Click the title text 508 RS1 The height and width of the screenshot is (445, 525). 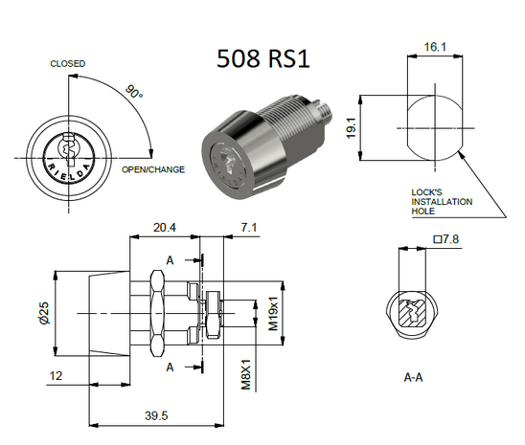point(262,58)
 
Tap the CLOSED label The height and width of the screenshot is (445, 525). point(67,64)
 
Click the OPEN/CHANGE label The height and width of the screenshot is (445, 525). point(153,170)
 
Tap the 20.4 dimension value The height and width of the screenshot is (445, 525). point(164,229)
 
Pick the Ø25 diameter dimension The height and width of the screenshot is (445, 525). point(42,314)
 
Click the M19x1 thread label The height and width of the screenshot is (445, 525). point(273,313)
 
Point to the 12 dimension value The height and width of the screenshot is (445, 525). point(57,376)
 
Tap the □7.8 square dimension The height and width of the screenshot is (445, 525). point(445,239)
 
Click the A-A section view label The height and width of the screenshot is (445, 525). point(414,378)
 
